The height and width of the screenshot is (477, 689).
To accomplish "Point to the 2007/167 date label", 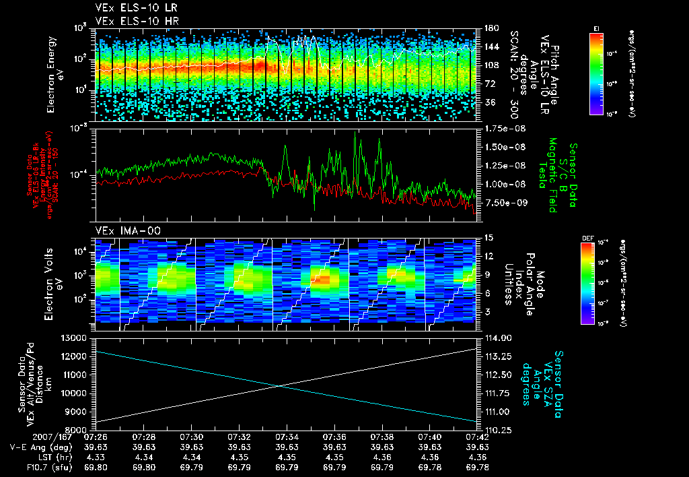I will [27, 437].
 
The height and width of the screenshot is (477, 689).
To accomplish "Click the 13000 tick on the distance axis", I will [75, 338].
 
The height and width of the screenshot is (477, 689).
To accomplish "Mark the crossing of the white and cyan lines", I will [279, 385].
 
